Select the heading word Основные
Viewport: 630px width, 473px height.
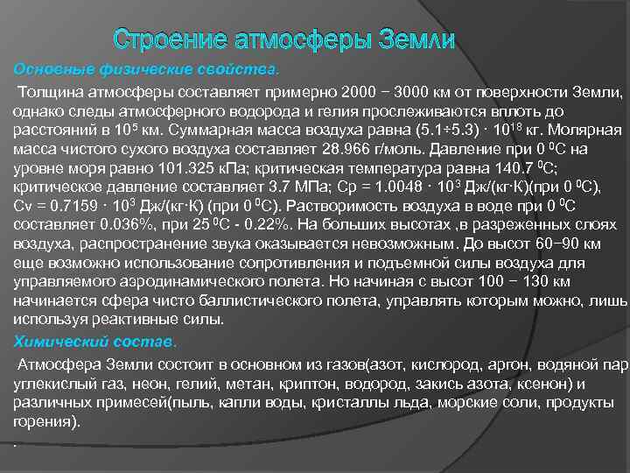[x=51, y=69]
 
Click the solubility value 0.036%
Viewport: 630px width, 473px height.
[x=114, y=224]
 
